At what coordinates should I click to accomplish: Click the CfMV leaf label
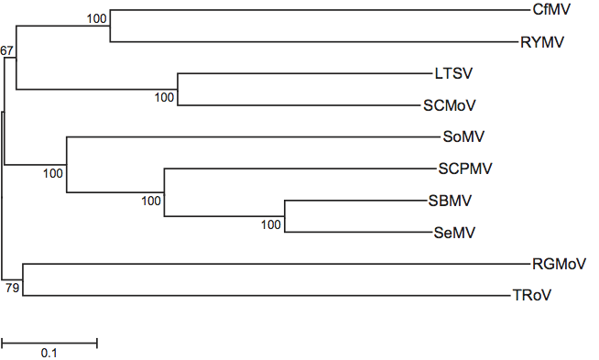(x=551, y=9)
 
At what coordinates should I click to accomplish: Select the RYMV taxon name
(x=542, y=42)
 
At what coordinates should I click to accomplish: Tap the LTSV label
(x=453, y=73)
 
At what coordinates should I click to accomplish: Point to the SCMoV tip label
(x=449, y=105)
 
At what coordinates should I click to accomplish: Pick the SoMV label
(x=463, y=136)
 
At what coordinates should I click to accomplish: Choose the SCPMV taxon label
(x=465, y=169)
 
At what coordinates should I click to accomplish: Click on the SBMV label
(x=450, y=201)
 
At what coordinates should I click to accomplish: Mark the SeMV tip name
(x=454, y=233)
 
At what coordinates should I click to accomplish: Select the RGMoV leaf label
(x=559, y=264)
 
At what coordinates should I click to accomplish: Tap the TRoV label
(x=532, y=295)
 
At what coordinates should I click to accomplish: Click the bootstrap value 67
(x=6, y=50)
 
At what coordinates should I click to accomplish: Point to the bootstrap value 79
(x=12, y=288)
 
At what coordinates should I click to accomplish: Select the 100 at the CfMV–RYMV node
(x=97, y=18)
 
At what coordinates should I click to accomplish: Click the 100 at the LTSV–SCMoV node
(x=164, y=97)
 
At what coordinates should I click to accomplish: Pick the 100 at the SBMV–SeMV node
(x=271, y=224)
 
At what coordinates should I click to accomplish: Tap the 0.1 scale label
(x=49, y=353)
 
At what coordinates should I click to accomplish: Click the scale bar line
(x=49, y=344)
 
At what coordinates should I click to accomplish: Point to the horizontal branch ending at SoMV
(x=254, y=136)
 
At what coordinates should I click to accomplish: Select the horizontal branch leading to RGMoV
(x=277, y=264)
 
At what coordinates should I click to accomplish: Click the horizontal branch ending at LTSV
(x=305, y=73)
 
